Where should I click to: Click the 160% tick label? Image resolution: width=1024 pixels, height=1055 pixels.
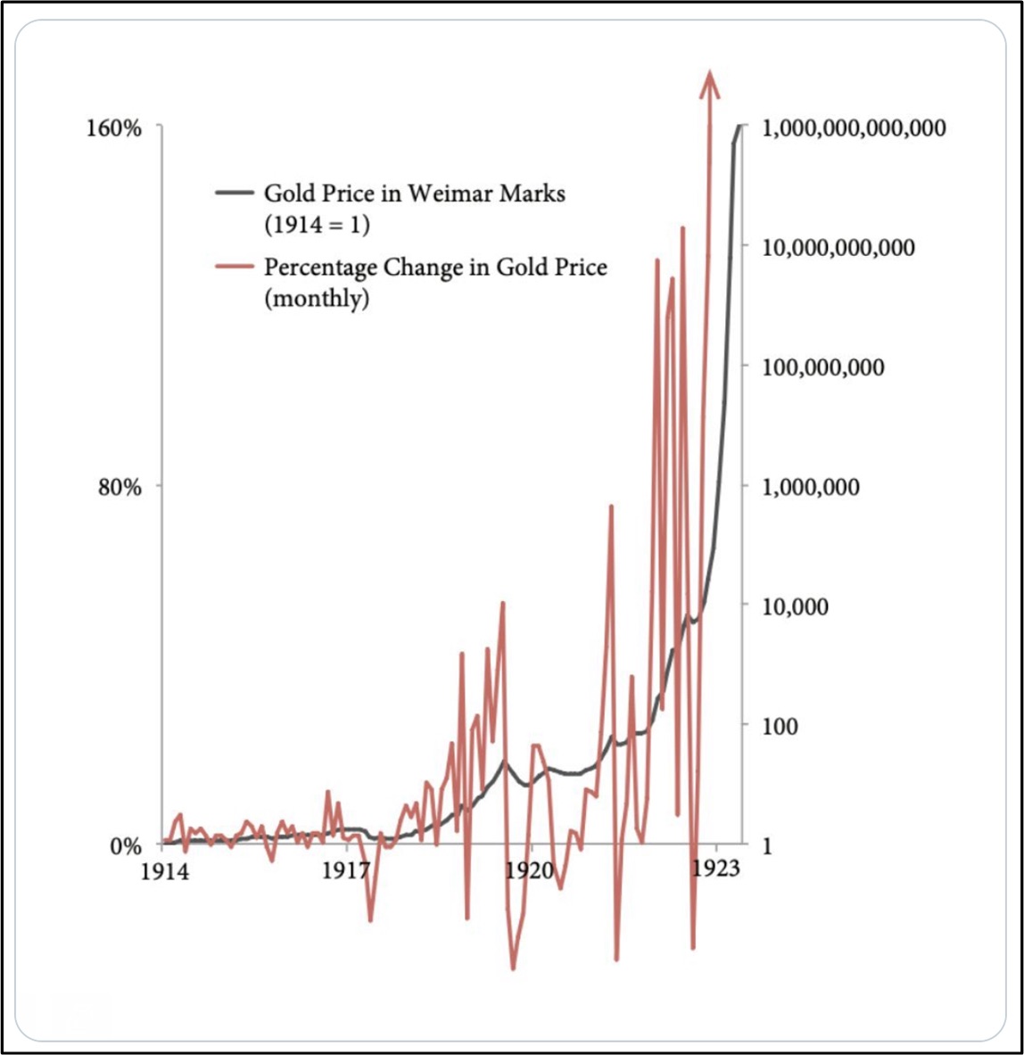tap(114, 128)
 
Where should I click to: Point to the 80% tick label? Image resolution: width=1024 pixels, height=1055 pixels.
tap(120, 488)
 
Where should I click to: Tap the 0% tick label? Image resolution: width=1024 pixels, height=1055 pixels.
tap(125, 845)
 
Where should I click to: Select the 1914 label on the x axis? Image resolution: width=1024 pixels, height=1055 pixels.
tap(165, 871)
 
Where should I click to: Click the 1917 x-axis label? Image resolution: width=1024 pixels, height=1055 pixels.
tap(345, 871)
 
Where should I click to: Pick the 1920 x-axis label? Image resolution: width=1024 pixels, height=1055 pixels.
tap(529, 870)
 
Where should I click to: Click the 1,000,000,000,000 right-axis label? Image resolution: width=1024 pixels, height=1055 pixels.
tap(854, 128)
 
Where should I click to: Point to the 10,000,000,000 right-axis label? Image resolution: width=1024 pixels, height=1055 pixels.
tap(838, 247)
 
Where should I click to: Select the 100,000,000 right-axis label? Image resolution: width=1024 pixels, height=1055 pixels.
tap(823, 367)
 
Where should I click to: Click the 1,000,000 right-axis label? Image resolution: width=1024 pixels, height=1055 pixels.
tap(811, 487)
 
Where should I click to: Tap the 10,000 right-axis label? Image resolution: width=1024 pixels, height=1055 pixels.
tap(796, 606)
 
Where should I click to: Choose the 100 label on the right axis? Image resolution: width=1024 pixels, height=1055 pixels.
tap(780, 726)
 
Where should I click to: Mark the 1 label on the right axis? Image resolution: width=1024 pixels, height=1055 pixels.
tap(766, 845)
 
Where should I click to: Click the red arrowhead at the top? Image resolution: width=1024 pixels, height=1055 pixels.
tap(710, 82)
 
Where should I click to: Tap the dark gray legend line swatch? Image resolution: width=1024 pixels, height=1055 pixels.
tap(235, 193)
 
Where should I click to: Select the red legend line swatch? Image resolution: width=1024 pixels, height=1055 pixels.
tap(235, 266)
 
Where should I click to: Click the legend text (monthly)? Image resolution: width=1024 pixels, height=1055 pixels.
tap(317, 298)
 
